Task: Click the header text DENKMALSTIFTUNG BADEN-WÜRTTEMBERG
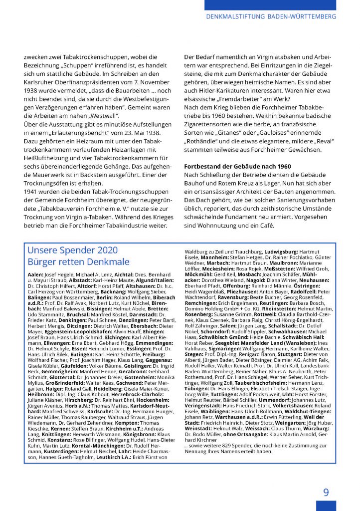point(271,16)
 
